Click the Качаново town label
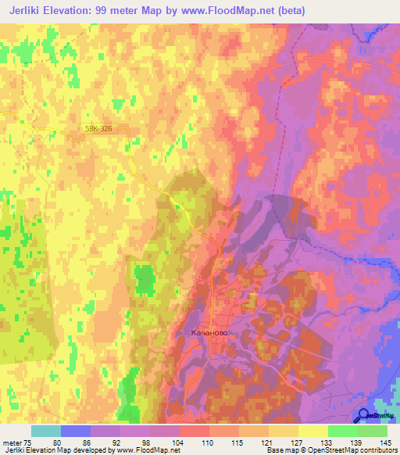coord(209,332)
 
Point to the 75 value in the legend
coord(29,442)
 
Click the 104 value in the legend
coord(178,442)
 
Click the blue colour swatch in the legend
coord(75,431)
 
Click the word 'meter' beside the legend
coord(11,442)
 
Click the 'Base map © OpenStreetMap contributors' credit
coord(330,450)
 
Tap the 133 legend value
coord(327,442)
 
